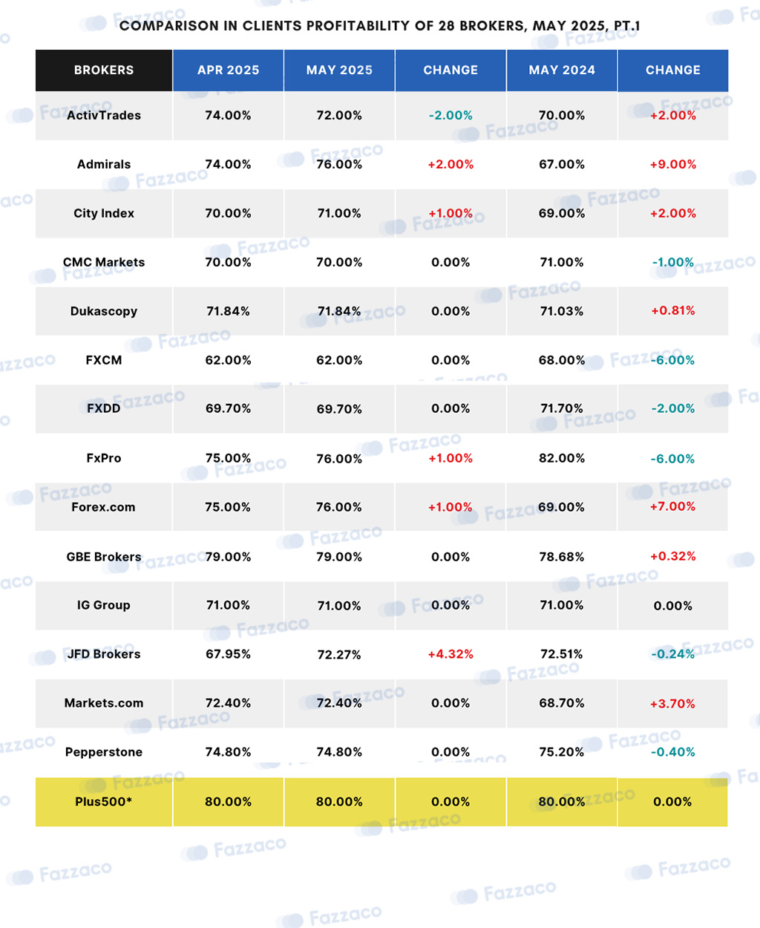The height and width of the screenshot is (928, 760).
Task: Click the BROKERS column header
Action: coord(104,70)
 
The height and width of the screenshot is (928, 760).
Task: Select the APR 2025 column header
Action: coord(229,70)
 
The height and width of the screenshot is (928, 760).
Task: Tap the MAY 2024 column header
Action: coord(562,70)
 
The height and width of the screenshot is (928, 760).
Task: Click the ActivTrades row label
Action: coord(104,115)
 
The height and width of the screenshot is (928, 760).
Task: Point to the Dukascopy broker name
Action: coord(104,311)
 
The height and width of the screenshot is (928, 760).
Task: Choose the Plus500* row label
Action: coord(104,801)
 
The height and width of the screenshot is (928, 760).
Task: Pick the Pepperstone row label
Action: coord(104,752)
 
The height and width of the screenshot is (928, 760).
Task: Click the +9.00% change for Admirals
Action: coord(673,165)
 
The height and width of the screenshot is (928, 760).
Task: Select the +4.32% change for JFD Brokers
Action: coord(451,654)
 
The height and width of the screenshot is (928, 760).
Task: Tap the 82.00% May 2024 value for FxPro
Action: coord(562,459)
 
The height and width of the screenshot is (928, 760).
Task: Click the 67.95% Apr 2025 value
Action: coord(229,654)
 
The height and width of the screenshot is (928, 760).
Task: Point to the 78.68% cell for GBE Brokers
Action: coord(562,557)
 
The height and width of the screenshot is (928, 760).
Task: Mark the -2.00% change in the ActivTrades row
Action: coord(451,115)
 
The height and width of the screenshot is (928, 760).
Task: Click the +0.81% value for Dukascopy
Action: coord(673,310)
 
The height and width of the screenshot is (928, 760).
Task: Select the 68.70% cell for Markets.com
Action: coord(562,703)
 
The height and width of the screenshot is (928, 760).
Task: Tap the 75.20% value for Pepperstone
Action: coord(562,752)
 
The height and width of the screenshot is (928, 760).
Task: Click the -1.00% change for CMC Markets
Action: coord(673,262)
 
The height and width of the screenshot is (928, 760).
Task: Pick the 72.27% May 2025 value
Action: coord(339,655)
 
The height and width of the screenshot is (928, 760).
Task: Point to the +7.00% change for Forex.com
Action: coord(673,506)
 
